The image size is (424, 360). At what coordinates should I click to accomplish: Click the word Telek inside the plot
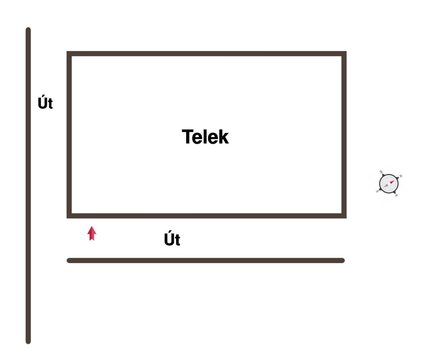tap(205, 137)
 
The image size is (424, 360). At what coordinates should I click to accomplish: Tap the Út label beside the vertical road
tap(45, 102)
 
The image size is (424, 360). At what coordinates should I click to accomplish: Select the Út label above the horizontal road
tap(172, 238)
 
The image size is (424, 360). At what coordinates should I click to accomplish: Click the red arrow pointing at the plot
tap(92, 233)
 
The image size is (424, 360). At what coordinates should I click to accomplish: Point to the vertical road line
tap(28, 186)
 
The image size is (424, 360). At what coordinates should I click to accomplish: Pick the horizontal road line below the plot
tap(205, 261)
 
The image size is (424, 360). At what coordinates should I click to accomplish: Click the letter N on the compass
tap(401, 176)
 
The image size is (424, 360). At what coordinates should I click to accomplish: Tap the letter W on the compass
tap(381, 172)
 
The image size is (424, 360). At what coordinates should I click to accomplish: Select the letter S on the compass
tap(377, 191)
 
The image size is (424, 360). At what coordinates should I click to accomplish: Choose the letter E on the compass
tap(396, 195)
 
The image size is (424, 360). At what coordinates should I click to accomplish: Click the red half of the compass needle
tap(392, 182)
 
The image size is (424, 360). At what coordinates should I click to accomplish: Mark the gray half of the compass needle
tap(386, 186)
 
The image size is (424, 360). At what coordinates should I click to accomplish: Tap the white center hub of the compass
tap(389, 184)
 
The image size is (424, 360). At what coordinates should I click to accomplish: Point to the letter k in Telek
tap(224, 137)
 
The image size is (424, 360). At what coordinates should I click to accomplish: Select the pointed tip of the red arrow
tap(92, 226)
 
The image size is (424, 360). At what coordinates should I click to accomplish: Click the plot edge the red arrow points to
tap(207, 216)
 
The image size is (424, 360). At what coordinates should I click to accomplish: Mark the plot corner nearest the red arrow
tap(69, 216)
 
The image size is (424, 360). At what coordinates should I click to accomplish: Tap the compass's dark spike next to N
tap(397, 178)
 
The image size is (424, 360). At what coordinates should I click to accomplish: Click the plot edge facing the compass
tap(344, 135)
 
